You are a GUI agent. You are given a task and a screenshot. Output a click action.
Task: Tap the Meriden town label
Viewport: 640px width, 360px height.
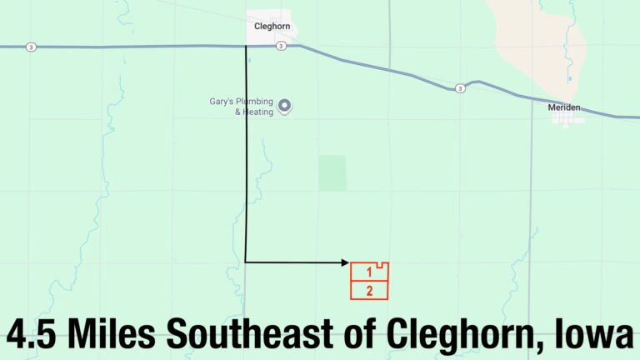point(563,107)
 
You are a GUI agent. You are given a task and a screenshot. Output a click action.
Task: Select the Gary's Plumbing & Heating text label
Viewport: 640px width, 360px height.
point(242,107)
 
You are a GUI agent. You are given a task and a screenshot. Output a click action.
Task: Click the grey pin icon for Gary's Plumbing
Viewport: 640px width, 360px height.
point(284,106)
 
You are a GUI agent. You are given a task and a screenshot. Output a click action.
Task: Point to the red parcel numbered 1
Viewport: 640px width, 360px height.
point(368,272)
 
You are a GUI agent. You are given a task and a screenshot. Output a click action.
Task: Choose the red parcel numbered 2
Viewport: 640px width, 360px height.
point(369,291)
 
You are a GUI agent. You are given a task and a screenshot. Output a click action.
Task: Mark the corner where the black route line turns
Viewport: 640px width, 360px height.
point(246,262)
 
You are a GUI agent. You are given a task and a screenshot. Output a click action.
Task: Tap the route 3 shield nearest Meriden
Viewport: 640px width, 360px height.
point(459,88)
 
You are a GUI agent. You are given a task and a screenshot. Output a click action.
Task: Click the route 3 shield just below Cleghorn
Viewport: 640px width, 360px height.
point(282,46)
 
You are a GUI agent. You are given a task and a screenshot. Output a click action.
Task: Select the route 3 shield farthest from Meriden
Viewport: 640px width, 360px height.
point(31,46)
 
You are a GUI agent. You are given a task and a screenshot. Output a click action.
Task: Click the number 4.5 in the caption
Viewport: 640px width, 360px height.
point(33,334)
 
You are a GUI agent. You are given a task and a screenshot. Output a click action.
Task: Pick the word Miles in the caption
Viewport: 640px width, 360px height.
point(114,334)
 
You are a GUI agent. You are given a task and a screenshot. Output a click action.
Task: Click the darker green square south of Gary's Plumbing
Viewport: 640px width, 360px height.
point(332,173)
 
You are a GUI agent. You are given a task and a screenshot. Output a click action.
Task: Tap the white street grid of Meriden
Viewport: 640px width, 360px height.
point(567,121)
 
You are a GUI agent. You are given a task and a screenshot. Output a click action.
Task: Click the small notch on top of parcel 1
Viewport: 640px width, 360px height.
point(380,265)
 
